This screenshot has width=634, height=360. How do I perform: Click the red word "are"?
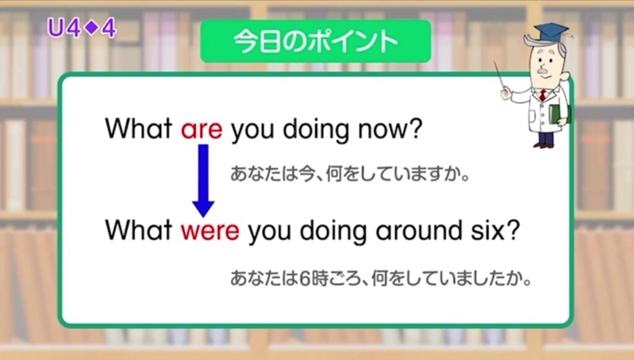201,130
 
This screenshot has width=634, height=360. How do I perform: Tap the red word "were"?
210,231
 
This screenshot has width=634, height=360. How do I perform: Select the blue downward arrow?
203,181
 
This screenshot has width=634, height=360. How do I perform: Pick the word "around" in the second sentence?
419,230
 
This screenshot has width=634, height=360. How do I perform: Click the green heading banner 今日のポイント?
316,42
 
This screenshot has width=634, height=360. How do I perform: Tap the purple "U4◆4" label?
82,29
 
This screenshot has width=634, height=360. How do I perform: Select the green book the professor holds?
559,114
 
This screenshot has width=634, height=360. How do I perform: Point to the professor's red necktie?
542,95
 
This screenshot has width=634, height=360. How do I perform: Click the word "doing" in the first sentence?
315,130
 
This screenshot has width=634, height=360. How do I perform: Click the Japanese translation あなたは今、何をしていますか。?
350,174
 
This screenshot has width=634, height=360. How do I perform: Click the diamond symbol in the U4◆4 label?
93,27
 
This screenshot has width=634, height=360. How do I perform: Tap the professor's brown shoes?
543,145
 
